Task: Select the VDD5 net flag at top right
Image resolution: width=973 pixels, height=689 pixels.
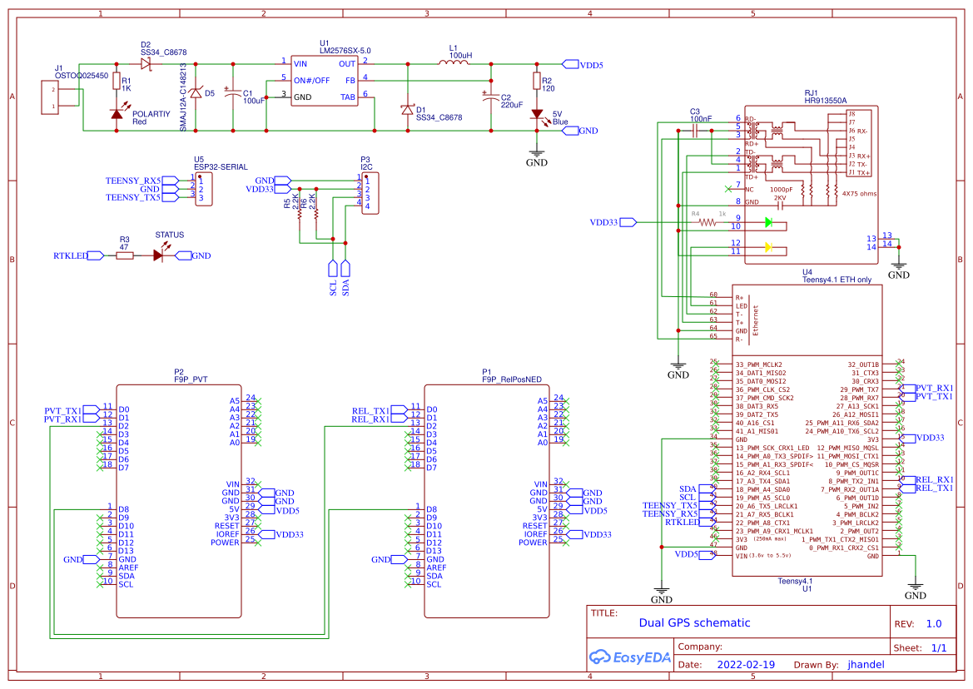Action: [x=571, y=64]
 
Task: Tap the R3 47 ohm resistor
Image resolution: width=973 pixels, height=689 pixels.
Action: [x=124, y=255]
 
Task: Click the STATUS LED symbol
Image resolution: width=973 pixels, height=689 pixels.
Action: [x=158, y=255]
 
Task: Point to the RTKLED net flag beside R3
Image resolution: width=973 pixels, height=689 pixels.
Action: [x=95, y=255]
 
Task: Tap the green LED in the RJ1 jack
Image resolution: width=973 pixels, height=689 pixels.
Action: [x=768, y=222]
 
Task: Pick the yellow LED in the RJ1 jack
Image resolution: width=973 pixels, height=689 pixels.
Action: [x=768, y=247]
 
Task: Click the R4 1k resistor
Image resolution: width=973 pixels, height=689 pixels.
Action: [x=707, y=222]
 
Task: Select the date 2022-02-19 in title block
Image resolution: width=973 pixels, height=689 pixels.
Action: [x=745, y=664]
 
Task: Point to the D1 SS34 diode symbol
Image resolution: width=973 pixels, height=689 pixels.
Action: [x=407, y=110]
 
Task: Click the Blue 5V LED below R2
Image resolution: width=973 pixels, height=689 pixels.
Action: [x=537, y=114]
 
